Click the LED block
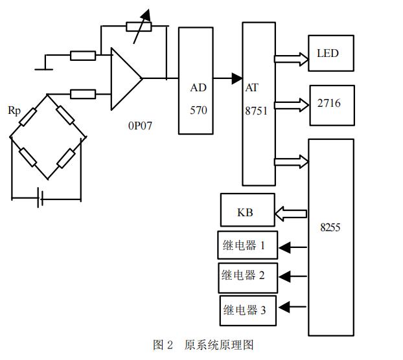point(331,53)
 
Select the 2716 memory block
point(332,104)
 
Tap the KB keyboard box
point(248,211)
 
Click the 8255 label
point(330,228)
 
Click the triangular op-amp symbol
point(124,78)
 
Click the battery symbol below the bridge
point(41,198)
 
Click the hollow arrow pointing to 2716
point(292,104)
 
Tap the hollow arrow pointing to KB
point(292,212)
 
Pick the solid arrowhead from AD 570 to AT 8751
point(237,79)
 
